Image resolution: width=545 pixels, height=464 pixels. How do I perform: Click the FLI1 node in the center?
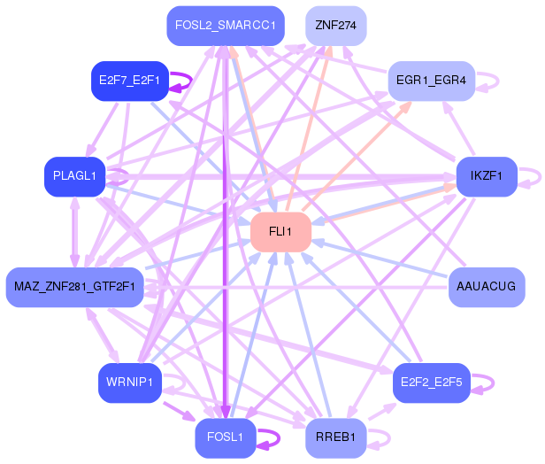[280, 232]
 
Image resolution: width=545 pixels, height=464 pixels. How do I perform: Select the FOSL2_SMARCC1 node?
[226, 25]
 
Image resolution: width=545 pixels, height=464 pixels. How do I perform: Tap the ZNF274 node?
[335, 25]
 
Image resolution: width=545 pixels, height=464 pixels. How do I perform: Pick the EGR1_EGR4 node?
[431, 81]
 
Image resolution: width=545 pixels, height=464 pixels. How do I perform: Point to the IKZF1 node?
[486, 176]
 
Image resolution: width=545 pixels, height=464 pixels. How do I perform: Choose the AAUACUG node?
[487, 287]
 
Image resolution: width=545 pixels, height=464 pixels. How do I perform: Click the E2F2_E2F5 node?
[430, 383]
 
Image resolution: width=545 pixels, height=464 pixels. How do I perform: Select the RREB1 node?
[335, 437]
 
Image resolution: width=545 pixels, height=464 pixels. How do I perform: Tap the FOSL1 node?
[226, 437]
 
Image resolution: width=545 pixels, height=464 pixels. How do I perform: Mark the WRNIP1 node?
[130, 383]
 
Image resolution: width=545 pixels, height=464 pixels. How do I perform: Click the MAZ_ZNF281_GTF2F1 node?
[75, 287]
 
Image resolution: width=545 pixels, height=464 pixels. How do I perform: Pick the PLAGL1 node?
[75, 176]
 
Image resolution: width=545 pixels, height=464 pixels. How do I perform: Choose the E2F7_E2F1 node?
[130, 81]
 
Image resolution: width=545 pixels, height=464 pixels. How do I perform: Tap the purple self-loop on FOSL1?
[277, 437]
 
